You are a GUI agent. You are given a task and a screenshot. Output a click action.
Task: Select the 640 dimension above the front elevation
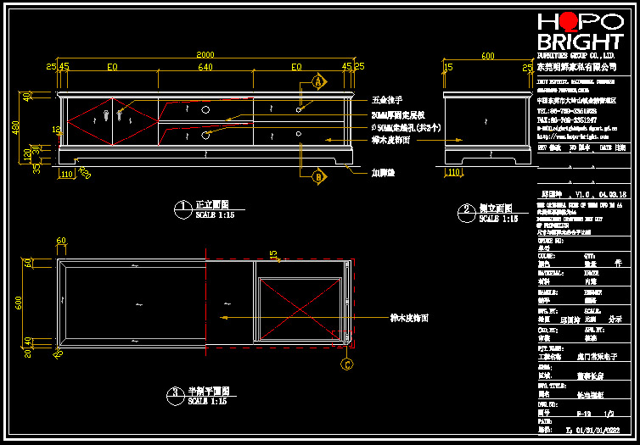(x=205, y=65)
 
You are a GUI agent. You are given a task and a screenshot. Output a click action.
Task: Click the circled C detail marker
(x=347, y=365)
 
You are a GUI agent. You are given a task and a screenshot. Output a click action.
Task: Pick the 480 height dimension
(x=14, y=127)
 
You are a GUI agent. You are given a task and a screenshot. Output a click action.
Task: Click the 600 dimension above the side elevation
(x=487, y=56)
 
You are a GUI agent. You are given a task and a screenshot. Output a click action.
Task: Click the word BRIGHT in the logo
(x=581, y=42)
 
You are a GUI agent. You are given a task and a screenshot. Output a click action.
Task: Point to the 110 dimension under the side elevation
(x=453, y=172)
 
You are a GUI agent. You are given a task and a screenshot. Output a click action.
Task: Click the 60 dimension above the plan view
(x=60, y=241)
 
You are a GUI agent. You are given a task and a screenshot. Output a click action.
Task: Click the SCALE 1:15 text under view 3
(x=208, y=401)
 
